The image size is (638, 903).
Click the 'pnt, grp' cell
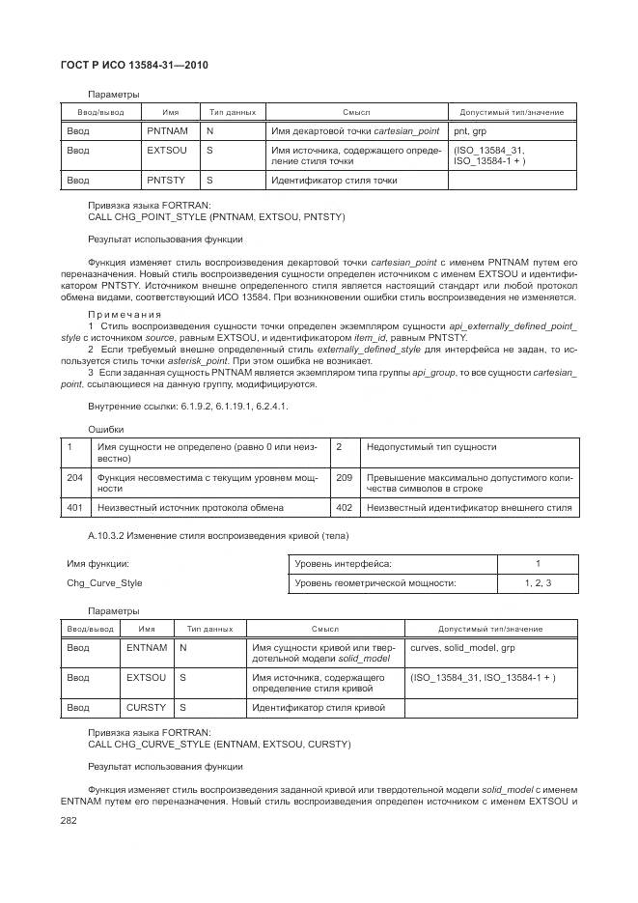pyautogui.click(x=513, y=130)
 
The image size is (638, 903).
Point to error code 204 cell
pyautogui.click(x=74, y=477)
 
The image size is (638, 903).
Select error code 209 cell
pyautogui.click(x=345, y=477)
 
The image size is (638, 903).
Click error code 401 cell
pyautogui.click(x=74, y=507)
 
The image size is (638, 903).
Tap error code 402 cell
pyautogui.click(x=345, y=507)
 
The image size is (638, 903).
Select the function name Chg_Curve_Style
pyautogui.click(x=104, y=583)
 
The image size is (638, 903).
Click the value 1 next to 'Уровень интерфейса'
pyautogui.click(x=538, y=563)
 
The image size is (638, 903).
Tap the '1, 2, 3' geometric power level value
pyautogui.click(x=538, y=583)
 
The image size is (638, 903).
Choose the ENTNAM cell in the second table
pyautogui.click(x=147, y=648)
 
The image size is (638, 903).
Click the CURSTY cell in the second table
pyautogui.click(x=147, y=708)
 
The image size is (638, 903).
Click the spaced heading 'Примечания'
pyautogui.click(x=125, y=314)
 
